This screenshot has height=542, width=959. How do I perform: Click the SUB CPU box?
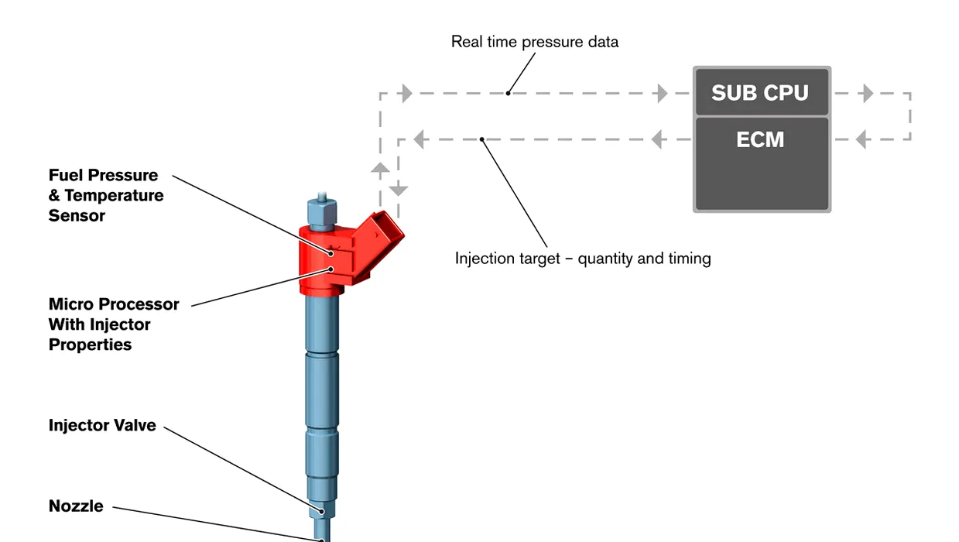(762, 92)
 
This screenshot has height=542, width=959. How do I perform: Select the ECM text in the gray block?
(760, 139)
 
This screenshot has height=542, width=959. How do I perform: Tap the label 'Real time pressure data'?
(535, 42)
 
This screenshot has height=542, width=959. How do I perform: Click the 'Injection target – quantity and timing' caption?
(583, 259)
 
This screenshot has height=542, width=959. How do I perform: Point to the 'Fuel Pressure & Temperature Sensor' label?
(106, 195)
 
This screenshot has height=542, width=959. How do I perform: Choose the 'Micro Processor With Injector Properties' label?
(114, 324)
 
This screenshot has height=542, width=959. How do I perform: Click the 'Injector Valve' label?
(102, 425)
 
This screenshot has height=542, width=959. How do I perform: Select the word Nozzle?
(76, 506)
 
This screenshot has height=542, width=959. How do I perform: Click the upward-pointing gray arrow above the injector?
(380, 167)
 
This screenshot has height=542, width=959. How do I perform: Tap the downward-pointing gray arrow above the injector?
(399, 190)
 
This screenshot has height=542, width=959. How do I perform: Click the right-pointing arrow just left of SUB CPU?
(663, 93)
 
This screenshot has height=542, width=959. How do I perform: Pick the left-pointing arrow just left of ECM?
(656, 139)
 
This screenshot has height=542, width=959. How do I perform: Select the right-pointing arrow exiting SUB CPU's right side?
(868, 93)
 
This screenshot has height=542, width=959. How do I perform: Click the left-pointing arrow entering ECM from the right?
(861, 139)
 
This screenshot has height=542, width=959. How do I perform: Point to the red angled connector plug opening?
(388, 226)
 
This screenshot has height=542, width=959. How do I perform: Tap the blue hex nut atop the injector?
(322, 213)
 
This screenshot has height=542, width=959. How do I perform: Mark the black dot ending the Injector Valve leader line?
(321, 511)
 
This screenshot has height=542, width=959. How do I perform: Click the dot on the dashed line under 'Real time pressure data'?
(508, 93)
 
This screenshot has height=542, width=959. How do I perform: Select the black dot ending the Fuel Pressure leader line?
(331, 254)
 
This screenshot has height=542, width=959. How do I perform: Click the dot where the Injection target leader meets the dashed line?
(481, 139)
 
